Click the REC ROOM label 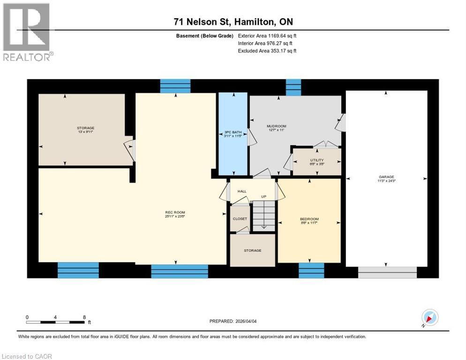(175, 213)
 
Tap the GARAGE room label (386, 177)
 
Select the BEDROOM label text (309, 219)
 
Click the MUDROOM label (276, 126)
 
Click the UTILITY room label (316, 160)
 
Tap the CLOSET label (240, 219)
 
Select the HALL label (242, 191)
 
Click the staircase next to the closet (263, 216)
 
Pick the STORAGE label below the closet (252, 250)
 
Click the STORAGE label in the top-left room (86, 128)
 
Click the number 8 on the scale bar (84, 317)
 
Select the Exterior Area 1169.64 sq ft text (267, 36)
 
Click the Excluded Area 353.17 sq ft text (267, 51)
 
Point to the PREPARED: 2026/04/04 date (233, 321)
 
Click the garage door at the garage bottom (387, 272)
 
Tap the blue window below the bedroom (311, 270)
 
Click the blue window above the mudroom (293, 87)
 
